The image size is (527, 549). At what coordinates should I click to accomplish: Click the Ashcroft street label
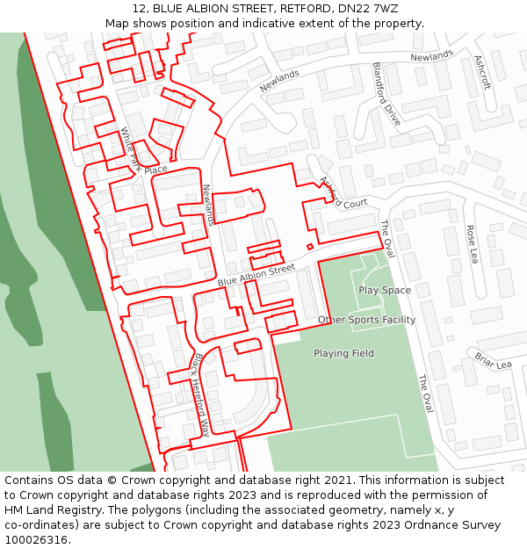(482, 73)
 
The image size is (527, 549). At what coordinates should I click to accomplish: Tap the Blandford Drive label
(386, 93)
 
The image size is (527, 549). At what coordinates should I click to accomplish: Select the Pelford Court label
(343, 193)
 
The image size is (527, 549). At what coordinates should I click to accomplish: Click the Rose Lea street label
(472, 244)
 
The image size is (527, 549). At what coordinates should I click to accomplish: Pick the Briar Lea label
(493, 360)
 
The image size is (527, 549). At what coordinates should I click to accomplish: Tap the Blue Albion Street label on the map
(256, 275)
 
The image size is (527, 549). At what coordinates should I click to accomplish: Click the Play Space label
(385, 290)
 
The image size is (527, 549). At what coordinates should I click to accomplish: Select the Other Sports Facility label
(366, 320)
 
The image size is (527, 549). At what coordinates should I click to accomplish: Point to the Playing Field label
(343, 353)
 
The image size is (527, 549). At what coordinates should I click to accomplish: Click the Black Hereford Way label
(201, 395)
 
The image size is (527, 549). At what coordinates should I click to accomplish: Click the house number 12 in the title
(140, 9)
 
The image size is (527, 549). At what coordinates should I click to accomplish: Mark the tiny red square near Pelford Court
(309, 246)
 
